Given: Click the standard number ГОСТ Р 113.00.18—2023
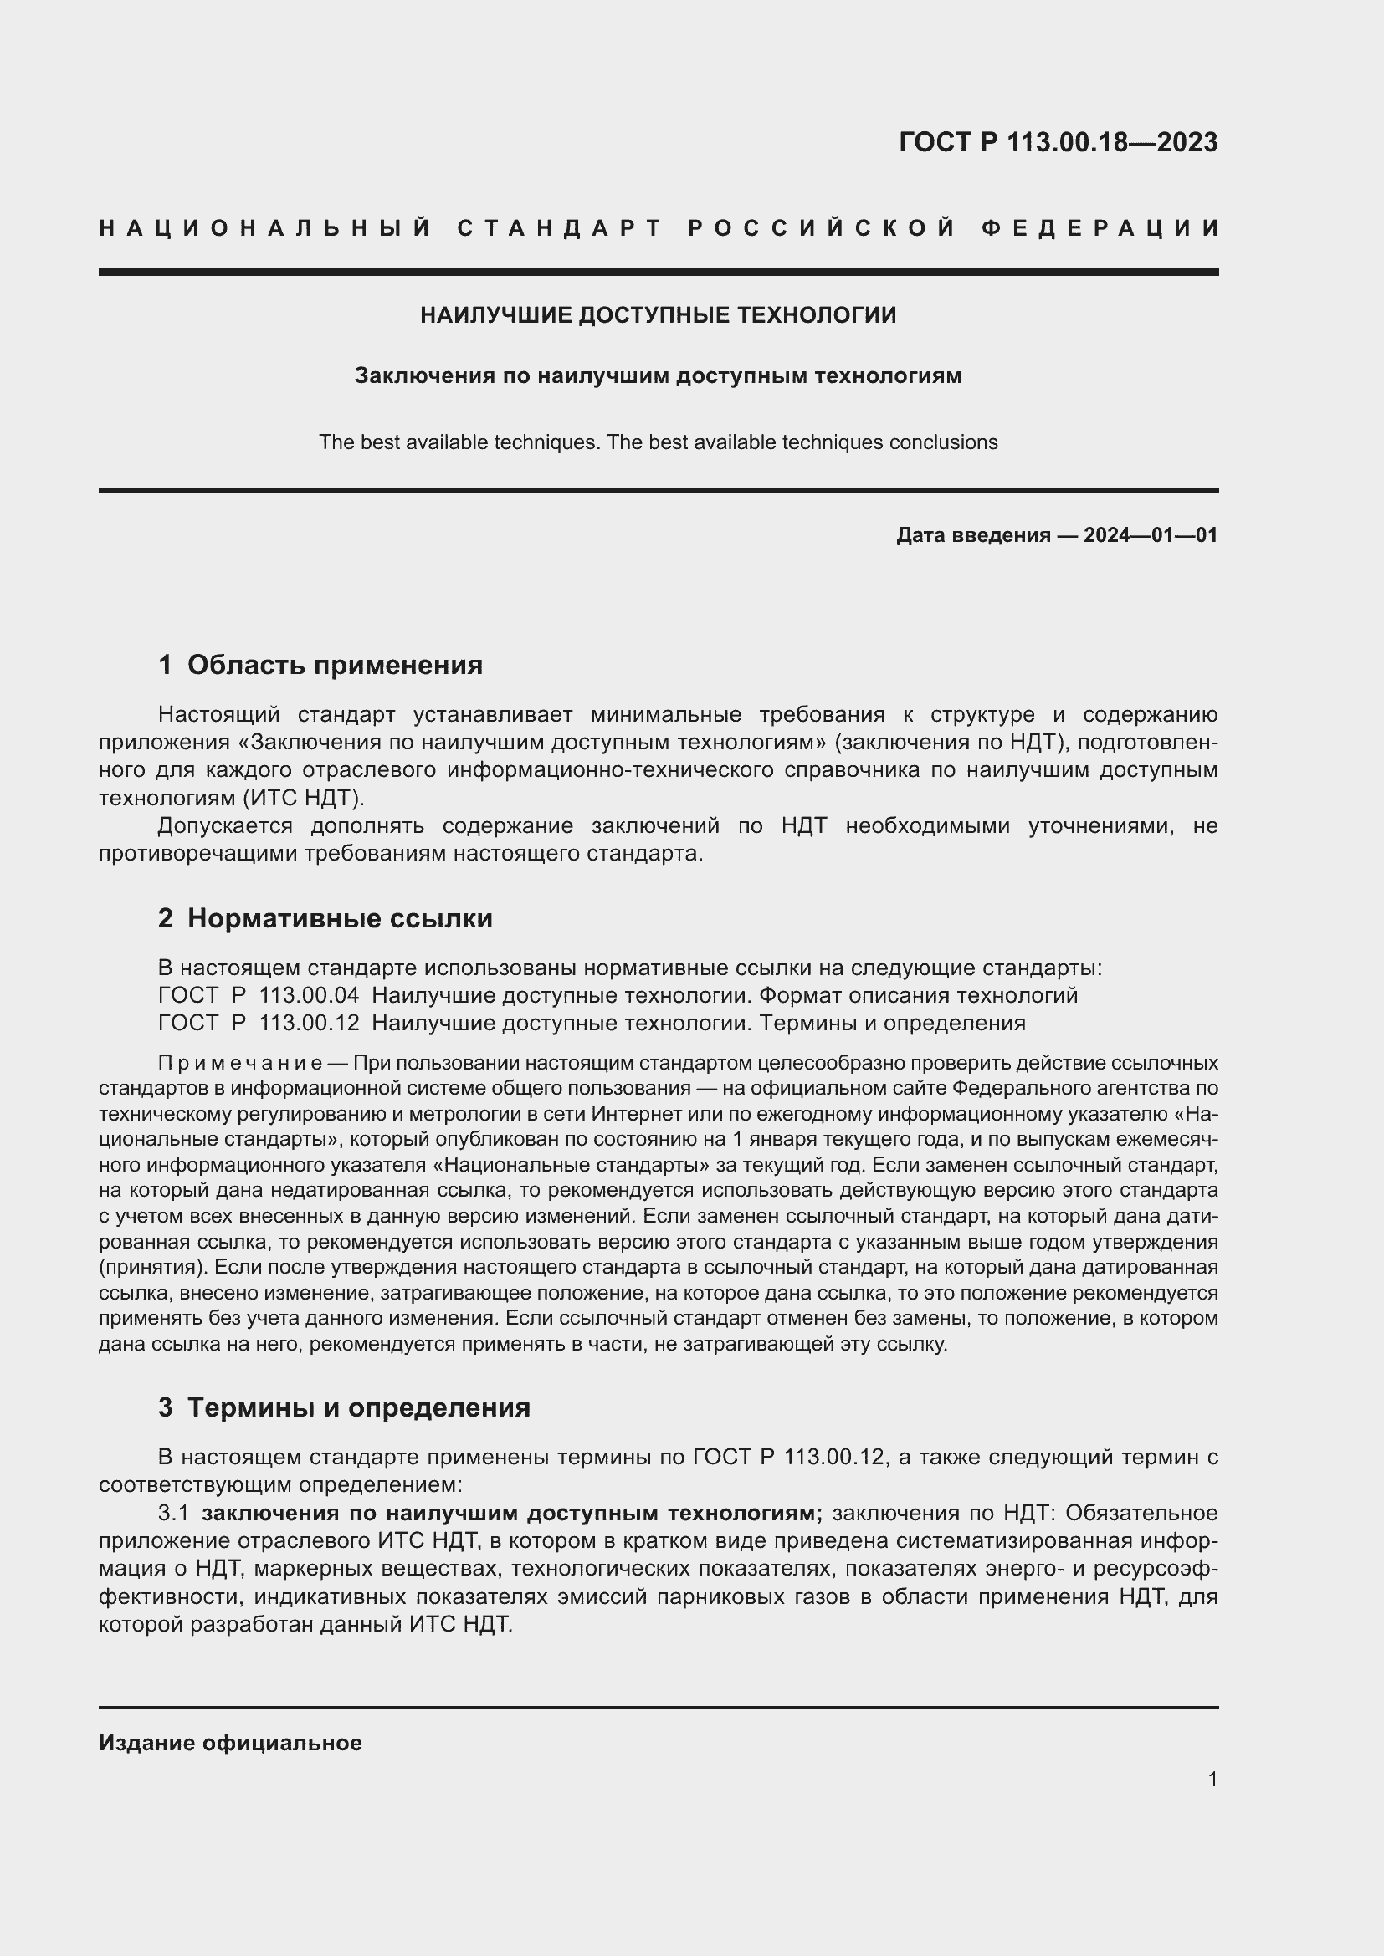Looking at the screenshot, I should point(1058,141).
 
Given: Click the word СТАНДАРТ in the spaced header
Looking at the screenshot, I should point(560,228).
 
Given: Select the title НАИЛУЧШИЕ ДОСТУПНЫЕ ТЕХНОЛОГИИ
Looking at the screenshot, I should point(658,315).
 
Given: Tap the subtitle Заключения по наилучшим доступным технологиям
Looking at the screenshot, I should point(658,375).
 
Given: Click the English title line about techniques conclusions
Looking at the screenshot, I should point(658,442).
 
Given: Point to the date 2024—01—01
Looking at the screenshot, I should point(1151,535).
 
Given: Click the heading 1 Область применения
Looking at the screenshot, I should point(320,665).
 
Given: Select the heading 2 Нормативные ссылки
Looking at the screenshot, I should point(325,918).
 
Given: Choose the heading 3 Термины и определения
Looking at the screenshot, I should point(344,1407).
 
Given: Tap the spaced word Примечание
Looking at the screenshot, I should point(239,1063).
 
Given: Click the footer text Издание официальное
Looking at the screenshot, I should point(230,1743).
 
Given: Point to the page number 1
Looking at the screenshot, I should point(1212,1779).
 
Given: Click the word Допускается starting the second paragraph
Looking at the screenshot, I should point(225,825).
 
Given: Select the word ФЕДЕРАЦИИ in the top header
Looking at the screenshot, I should point(1100,228).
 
